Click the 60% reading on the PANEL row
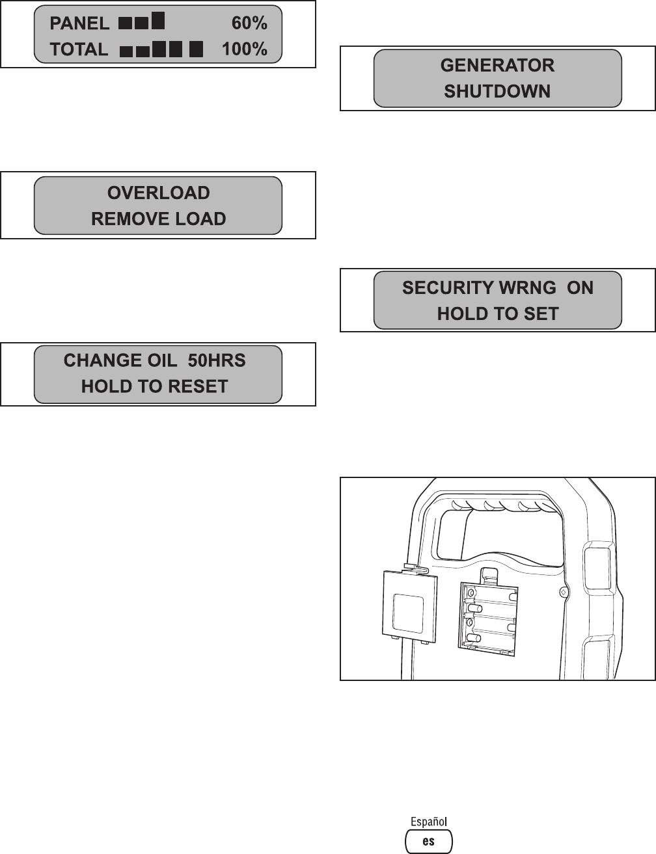(x=249, y=23)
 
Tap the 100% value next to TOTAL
(x=245, y=49)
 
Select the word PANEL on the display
(x=80, y=24)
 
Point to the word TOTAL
(x=79, y=50)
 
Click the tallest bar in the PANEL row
(x=158, y=21)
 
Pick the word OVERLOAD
(x=158, y=193)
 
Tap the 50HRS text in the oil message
(x=221, y=361)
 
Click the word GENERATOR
(x=497, y=66)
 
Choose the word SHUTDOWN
(x=497, y=92)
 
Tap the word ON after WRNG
(x=581, y=288)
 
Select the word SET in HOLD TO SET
(x=541, y=314)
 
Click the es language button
(x=428, y=841)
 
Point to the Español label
(x=428, y=822)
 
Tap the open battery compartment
(x=489, y=615)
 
